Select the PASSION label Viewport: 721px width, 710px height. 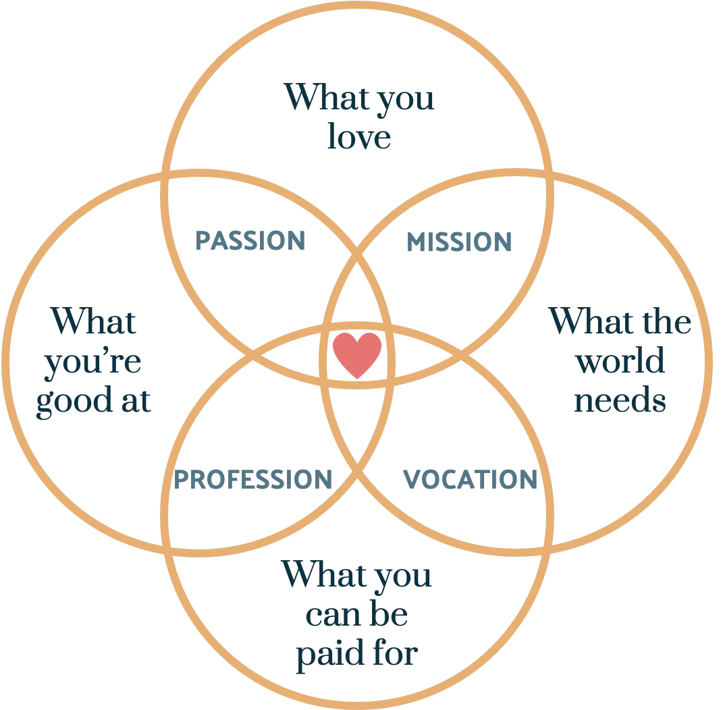(x=250, y=240)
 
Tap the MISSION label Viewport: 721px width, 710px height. (x=459, y=242)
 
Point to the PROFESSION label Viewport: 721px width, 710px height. (x=253, y=479)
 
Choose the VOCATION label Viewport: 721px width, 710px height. (x=470, y=479)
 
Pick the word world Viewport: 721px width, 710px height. (x=621, y=361)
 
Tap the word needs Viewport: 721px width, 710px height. (x=620, y=400)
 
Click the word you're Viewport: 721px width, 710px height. (x=92, y=362)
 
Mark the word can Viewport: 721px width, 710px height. (x=330, y=615)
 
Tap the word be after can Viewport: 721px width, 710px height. (x=388, y=613)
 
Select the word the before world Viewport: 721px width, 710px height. (x=666, y=321)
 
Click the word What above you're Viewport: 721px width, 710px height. (x=94, y=321)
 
